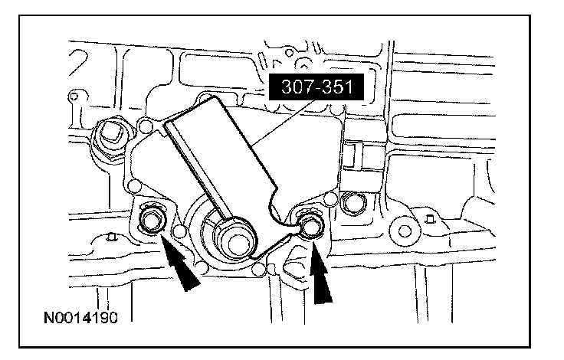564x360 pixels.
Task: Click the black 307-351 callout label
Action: click(x=316, y=87)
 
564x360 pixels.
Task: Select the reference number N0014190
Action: click(x=80, y=318)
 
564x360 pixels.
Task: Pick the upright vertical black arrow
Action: click(x=321, y=273)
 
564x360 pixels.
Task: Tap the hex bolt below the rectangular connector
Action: click(x=353, y=204)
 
